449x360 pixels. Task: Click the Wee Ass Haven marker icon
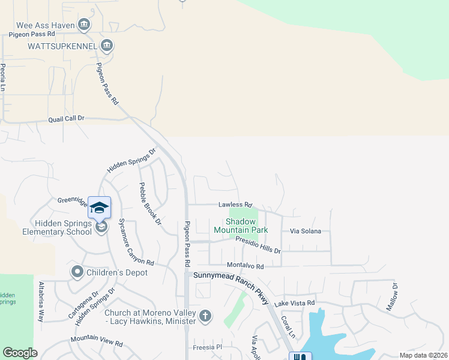coord(83,25)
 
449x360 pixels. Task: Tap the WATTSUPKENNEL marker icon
coord(107,45)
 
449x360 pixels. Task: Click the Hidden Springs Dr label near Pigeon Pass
coord(131,160)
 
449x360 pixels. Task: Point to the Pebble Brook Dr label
coord(150,204)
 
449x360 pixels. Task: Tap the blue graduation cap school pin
coord(99,208)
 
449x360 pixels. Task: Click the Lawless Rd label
coord(235,205)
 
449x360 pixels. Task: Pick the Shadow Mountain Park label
coord(241,226)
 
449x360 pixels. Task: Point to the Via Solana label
coord(306,231)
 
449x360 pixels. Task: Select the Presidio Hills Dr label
coord(258,244)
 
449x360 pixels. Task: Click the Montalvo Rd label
coord(245,265)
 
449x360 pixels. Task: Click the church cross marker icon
coord(205,316)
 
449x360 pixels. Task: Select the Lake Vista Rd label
coord(295,304)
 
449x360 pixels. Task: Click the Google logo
coord(20,353)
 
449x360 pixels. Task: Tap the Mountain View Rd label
coord(96,341)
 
